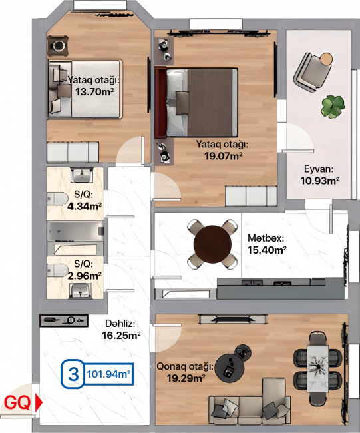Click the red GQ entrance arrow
coord(39,402)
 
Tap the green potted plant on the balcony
coord(333,107)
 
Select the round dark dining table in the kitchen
coord(212,244)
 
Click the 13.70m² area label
coord(94,91)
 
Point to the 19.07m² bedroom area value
coord(224,156)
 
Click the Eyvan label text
coord(319,169)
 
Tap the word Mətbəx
coord(266,238)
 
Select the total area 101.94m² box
coord(108,374)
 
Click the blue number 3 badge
coord(73,374)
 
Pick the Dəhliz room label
coord(120,323)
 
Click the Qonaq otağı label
coord(185,367)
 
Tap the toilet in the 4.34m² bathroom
coord(57,199)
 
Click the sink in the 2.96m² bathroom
coord(81,291)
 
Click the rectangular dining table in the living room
coord(318,368)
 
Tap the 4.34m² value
coord(85,206)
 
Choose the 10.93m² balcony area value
coord(319,181)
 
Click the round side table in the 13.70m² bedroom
coord(58,46)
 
